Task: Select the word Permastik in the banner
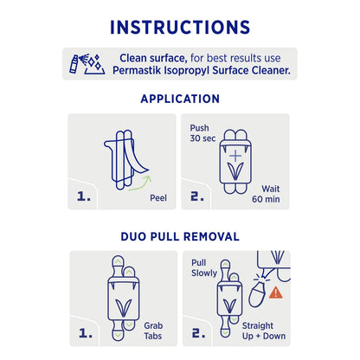(x=145, y=70)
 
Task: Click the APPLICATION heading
(x=180, y=99)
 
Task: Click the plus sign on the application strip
(x=233, y=147)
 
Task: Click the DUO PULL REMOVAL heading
(x=180, y=235)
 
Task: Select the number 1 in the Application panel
(x=84, y=196)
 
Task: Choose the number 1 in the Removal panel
(x=84, y=332)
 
